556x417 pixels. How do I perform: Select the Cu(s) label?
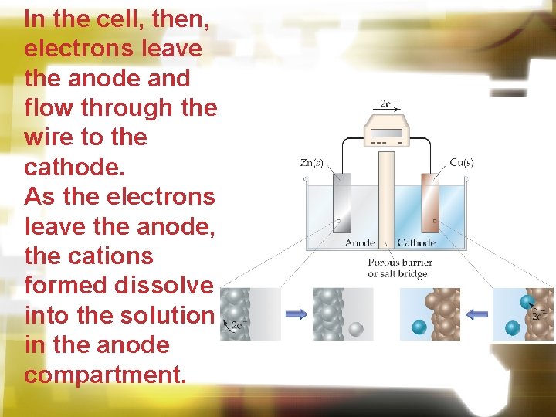pyautogui.click(x=462, y=163)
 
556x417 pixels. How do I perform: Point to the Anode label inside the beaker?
pyautogui.click(x=360, y=242)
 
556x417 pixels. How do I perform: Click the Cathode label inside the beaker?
pyautogui.click(x=416, y=242)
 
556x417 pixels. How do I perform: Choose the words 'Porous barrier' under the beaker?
pyautogui.click(x=400, y=263)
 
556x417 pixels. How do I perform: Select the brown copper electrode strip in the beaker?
pyautogui.click(x=429, y=205)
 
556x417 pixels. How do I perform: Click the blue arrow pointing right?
pyautogui.click(x=297, y=314)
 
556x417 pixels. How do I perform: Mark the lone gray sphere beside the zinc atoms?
pyautogui.click(x=355, y=329)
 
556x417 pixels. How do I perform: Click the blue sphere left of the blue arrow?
pyautogui.click(x=419, y=327)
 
